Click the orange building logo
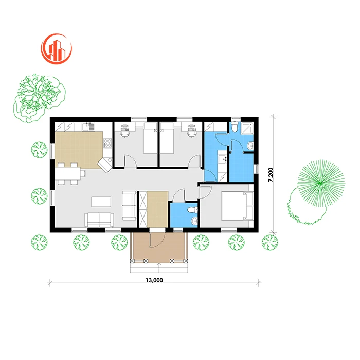point(57,49)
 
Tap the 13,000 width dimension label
point(154,280)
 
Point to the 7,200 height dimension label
point(271,175)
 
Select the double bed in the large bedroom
point(237,206)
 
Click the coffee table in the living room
point(101,202)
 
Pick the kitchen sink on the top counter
point(88,127)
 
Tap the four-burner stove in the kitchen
point(107,143)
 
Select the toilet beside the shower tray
point(235,127)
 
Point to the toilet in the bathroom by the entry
point(192,209)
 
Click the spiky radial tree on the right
point(321,183)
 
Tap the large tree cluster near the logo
point(39,98)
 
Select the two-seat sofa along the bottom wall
point(99,220)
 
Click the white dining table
point(68,173)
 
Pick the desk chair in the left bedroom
point(124,131)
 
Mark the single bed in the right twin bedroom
point(167,138)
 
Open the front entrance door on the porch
point(157,239)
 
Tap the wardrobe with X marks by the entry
point(143,209)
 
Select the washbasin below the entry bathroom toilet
point(195,221)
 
